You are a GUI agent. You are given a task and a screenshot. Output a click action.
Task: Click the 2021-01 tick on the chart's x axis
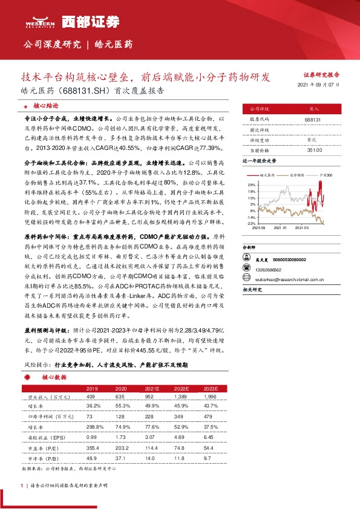click(280, 228)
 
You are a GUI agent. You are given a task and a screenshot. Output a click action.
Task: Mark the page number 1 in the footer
click(22, 485)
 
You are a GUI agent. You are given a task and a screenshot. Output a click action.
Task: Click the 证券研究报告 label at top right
click(321, 75)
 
